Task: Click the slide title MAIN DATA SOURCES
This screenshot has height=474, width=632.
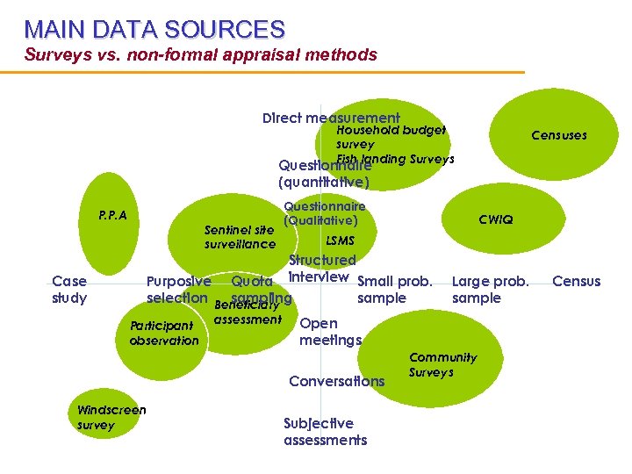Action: coord(154,29)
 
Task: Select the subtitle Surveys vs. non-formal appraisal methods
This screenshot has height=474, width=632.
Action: coord(200,54)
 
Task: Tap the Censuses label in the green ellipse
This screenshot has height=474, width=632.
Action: coord(558,135)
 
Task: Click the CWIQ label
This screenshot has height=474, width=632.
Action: coord(495,219)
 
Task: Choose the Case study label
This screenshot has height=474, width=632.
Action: coord(69,290)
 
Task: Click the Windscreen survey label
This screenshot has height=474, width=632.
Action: coord(111,417)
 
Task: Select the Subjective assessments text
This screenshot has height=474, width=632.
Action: coord(325,432)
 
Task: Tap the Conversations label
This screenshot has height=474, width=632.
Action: coord(336,381)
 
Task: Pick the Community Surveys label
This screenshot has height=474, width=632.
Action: coord(442,364)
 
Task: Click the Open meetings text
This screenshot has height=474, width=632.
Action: coord(329,332)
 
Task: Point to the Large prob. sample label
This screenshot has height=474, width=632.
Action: coord(490,290)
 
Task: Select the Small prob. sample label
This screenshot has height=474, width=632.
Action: coord(394,290)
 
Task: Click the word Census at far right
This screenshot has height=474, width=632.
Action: coord(576,282)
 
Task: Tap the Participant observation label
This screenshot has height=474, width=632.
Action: coord(163,333)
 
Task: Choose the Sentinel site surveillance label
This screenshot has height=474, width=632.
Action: coord(240,237)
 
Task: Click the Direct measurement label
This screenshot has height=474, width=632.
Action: coord(331,118)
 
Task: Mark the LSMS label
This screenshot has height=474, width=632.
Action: coord(340,241)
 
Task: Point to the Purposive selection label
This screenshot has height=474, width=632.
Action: coord(178,290)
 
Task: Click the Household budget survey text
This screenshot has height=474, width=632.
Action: coord(390,136)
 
